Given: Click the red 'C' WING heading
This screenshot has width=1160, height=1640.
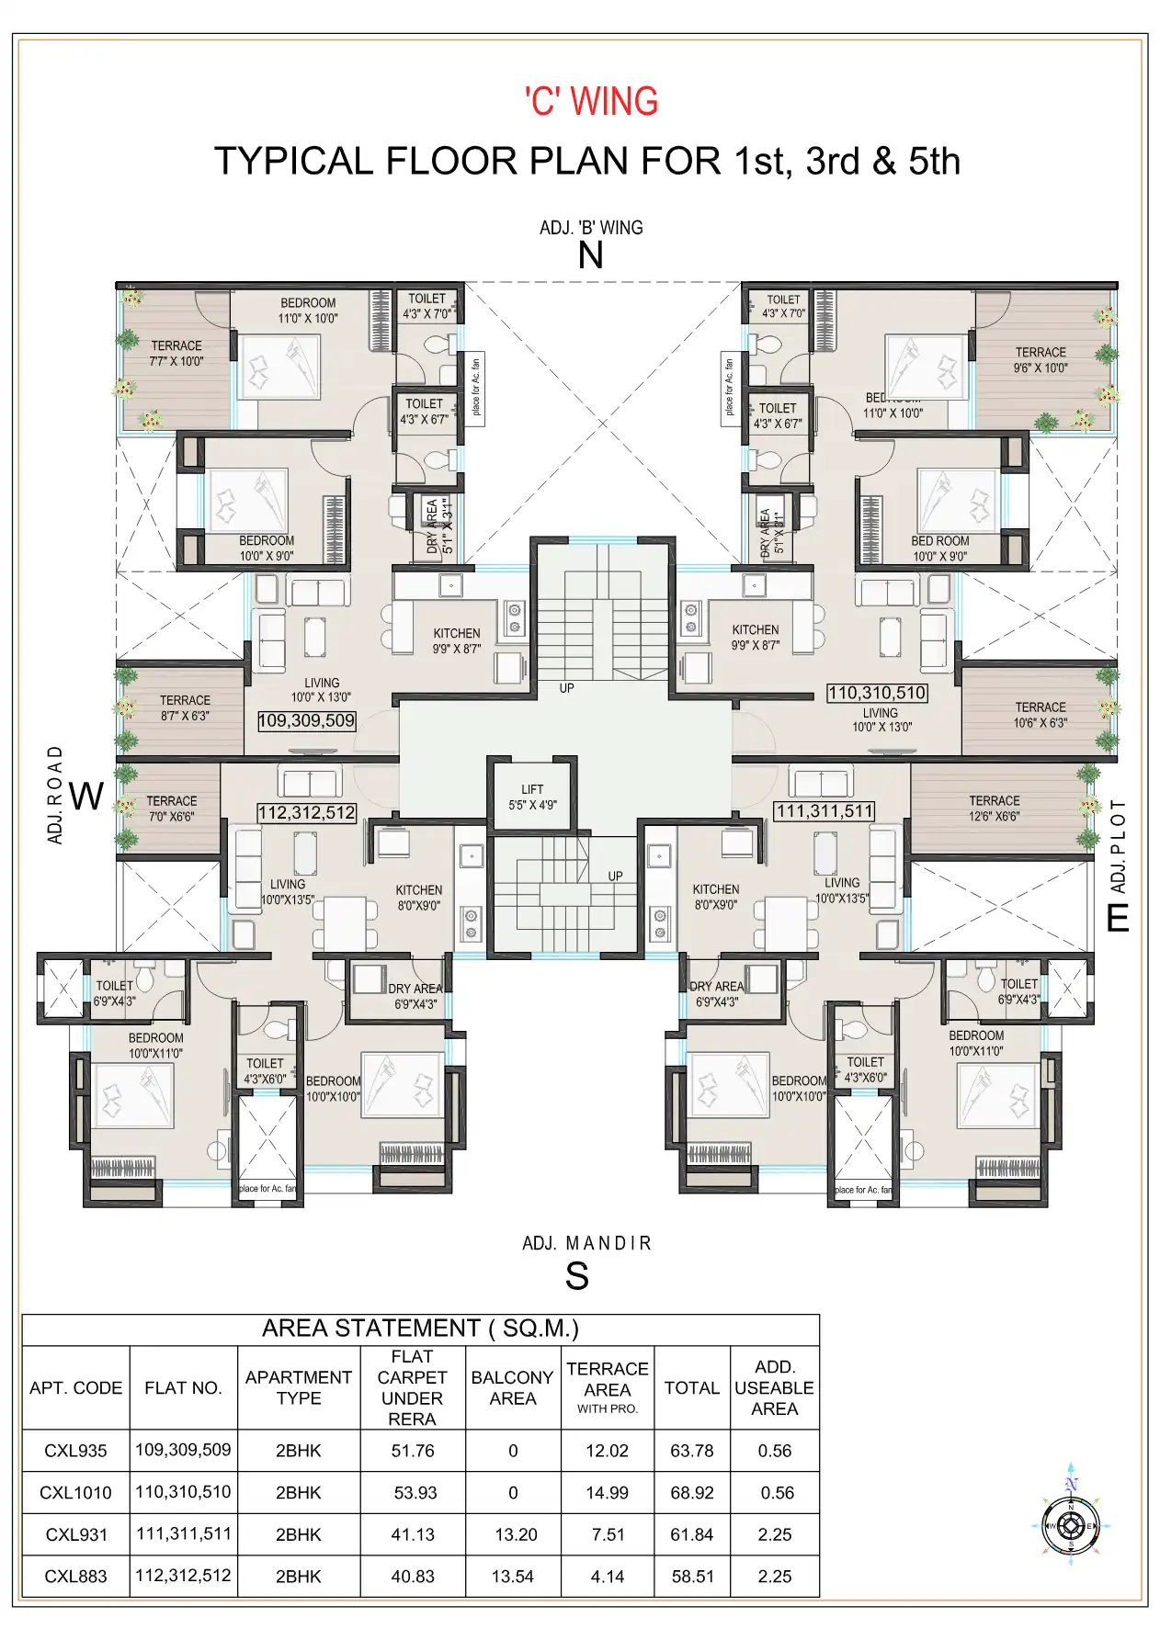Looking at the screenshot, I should click(591, 101).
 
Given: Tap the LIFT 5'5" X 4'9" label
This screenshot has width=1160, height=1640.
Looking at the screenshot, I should click(532, 797).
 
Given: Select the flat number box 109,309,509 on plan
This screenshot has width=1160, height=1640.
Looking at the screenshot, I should click(307, 721).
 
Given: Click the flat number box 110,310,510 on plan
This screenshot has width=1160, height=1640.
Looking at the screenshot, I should click(877, 693).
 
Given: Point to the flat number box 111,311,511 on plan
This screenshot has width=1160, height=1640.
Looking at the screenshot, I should click(824, 811).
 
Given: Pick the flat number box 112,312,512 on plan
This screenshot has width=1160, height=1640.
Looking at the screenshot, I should click(307, 812).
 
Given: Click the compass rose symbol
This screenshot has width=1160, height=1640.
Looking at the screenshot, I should click(1071, 1525).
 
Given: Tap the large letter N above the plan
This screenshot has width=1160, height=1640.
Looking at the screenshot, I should click(590, 255).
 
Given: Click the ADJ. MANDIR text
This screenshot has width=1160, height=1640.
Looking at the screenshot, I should click(586, 1243).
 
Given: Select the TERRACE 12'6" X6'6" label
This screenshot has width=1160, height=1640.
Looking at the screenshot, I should click(994, 809).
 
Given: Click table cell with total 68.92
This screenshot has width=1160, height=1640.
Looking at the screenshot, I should click(691, 1493).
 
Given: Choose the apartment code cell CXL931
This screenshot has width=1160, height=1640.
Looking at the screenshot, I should click(76, 1534).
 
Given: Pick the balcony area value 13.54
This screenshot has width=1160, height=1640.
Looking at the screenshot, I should click(512, 1577).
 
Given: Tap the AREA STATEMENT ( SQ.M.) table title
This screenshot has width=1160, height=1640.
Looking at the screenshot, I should click(420, 1329).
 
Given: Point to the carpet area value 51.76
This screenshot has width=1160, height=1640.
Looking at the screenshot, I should click(412, 1451).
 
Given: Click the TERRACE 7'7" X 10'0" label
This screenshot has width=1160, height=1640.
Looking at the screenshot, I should click(176, 354).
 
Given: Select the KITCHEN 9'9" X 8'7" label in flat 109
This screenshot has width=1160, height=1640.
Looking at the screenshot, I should click(457, 640).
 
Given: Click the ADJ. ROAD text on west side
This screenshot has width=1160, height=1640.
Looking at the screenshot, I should click(56, 795).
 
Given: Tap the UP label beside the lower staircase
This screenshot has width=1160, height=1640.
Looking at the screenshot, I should click(615, 876).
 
